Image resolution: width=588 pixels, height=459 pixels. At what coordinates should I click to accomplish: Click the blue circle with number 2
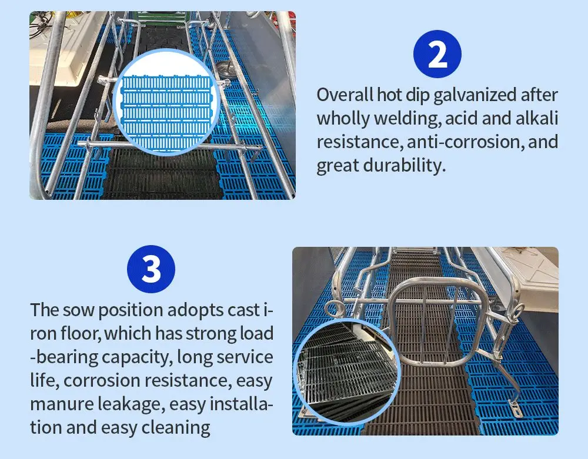click(437, 54)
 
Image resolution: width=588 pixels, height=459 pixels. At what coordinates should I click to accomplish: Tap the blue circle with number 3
click(151, 269)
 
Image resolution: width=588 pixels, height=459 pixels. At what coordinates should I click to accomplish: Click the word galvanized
click(475, 95)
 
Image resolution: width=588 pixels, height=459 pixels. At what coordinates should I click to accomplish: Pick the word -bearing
click(64, 357)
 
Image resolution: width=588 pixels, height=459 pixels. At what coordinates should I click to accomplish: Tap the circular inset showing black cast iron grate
click(348, 372)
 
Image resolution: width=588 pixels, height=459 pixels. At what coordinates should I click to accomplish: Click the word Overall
click(345, 95)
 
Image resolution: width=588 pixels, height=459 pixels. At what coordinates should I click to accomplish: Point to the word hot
click(389, 95)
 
